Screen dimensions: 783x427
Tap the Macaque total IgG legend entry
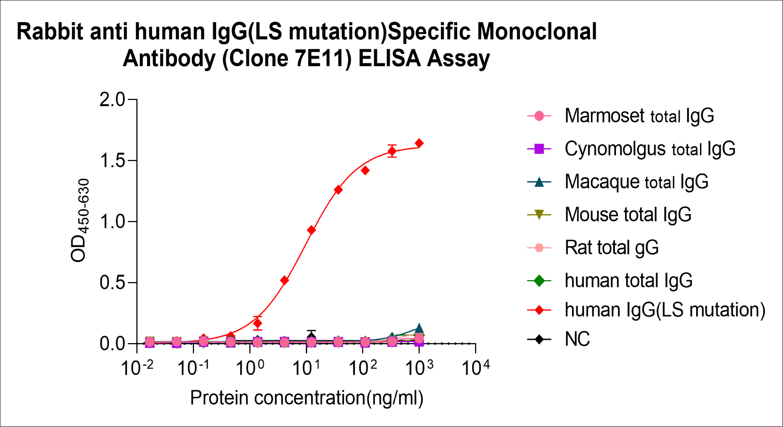click(636, 182)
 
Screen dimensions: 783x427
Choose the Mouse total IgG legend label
click(628, 215)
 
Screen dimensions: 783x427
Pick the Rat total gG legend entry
click(612, 248)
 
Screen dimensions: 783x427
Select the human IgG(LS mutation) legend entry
click(665, 310)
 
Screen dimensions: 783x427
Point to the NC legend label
click(577, 339)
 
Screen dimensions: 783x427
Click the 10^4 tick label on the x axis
click(476, 368)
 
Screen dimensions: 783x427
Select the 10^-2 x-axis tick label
click(137, 368)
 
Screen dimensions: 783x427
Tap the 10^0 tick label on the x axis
click(250, 368)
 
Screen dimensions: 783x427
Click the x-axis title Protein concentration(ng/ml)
click(307, 398)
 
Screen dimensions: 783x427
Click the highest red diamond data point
click(419, 143)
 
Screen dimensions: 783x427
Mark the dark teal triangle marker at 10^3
click(419, 328)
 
